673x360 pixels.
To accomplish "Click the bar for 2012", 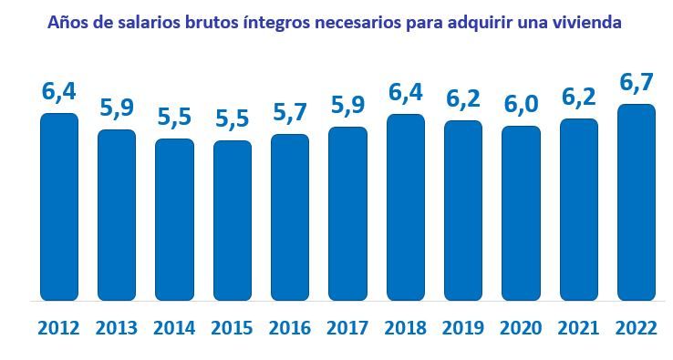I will [59, 207].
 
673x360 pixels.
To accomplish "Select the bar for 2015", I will [233, 221].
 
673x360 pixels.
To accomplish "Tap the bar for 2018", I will [406, 207].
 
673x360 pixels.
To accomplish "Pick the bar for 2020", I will [521, 213].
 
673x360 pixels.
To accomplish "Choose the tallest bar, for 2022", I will [637, 202].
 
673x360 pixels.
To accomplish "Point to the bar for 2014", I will [174, 220].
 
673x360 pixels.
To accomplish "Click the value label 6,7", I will [637, 84].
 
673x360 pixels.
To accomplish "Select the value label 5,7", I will [290, 114].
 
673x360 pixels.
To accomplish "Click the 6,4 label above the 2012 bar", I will [59, 93].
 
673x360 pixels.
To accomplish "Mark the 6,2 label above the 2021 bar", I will [578, 98].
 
